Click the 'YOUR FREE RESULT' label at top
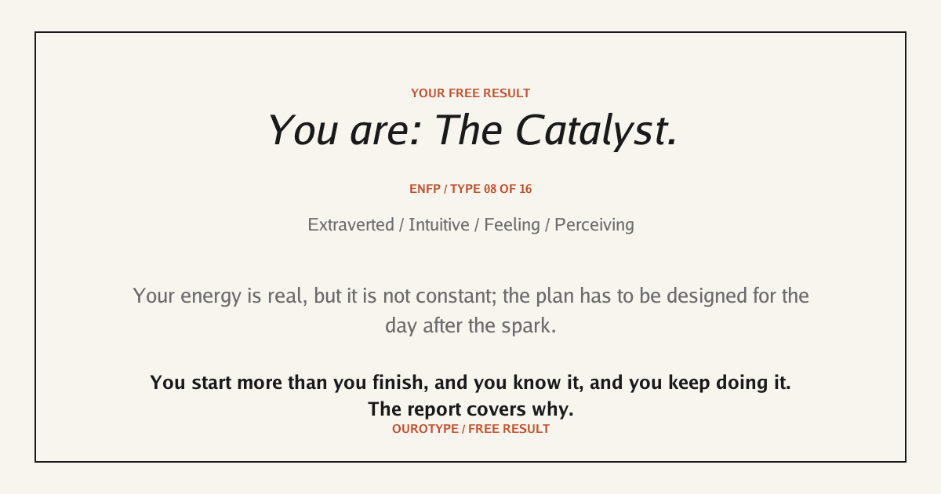[x=470, y=93]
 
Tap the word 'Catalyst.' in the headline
[x=596, y=131]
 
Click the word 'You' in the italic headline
[x=303, y=131]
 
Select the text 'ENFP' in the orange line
[x=425, y=189]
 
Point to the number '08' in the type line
[x=490, y=189]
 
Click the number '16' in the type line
[x=525, y=189]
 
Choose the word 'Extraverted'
[x=351, y=225]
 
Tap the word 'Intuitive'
[x=439, y=225]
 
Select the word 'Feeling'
[x=512, y=225]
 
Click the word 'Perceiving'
[x=594, y=225]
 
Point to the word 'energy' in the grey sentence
[x=211, y=296]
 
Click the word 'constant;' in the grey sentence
[x=456, y=296]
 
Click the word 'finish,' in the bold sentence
[x=401, y=383]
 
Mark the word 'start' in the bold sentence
[x=211, y=383]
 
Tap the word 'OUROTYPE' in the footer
[x=425, y=429]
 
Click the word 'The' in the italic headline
[x=467, y=131]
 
